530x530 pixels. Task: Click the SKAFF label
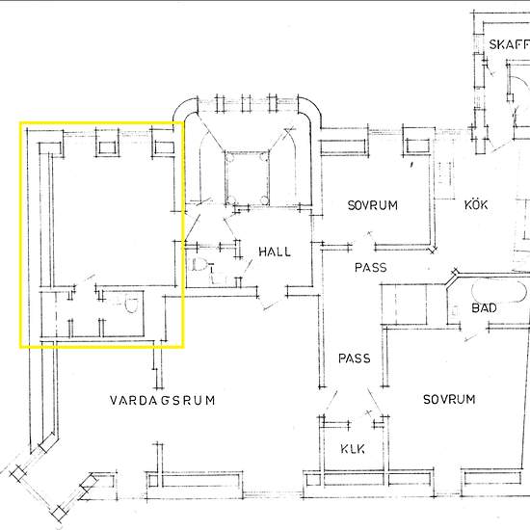(x=510, y=44)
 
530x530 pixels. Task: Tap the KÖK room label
(x=476, y=205)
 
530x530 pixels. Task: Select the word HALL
(x=275, y=252)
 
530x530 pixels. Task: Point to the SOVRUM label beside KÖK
(x=373, y=205)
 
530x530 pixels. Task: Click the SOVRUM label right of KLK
(x=449, y=399)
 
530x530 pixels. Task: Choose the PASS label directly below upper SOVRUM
(x=370, y=268)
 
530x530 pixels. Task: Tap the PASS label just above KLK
(x=355, y=358)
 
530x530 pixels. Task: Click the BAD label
(x=484, y=308)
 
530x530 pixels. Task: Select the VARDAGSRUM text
(x=163, y=400)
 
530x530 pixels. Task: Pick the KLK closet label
(x=353, y=449)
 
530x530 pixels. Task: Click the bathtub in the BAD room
(x=499, y=291)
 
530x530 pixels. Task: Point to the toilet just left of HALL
(x=201, y=265)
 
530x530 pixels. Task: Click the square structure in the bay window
(x=247, y=178)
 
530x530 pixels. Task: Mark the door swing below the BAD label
(x=477, y=334)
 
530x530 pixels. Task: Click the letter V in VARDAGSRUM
(x=114, y=400)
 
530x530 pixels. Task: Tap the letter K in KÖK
(x=467, y=205)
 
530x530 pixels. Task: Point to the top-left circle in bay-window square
(x=230, y=157)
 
